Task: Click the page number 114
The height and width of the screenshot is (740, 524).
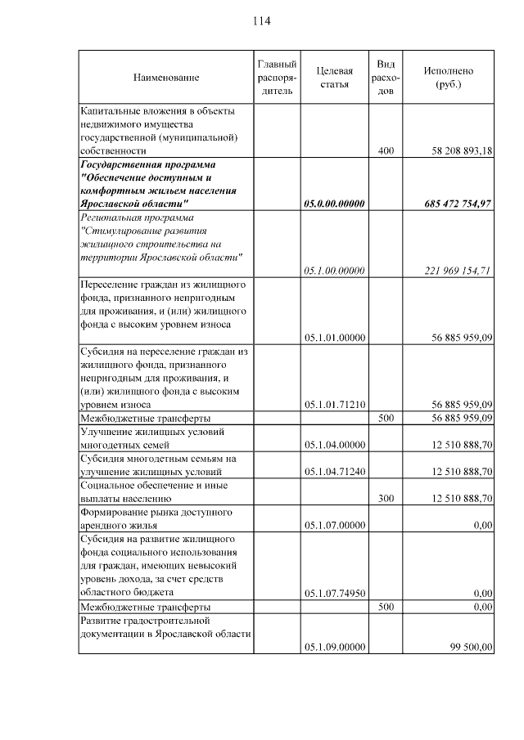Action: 261,20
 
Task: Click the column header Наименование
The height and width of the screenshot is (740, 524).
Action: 166,78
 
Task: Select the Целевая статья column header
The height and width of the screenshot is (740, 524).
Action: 334,78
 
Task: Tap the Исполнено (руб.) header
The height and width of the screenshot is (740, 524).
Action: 448,78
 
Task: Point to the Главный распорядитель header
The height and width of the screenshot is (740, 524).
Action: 277,78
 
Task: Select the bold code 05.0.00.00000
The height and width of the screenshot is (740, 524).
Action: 334,204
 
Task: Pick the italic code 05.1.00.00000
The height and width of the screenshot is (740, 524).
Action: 334,271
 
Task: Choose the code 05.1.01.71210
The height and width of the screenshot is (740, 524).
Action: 334,404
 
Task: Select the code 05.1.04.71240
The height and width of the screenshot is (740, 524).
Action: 334,472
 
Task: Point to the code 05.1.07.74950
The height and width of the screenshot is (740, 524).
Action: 334,593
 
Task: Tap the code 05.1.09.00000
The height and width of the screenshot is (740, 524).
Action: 334,647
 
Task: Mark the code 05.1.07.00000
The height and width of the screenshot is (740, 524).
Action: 334,525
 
